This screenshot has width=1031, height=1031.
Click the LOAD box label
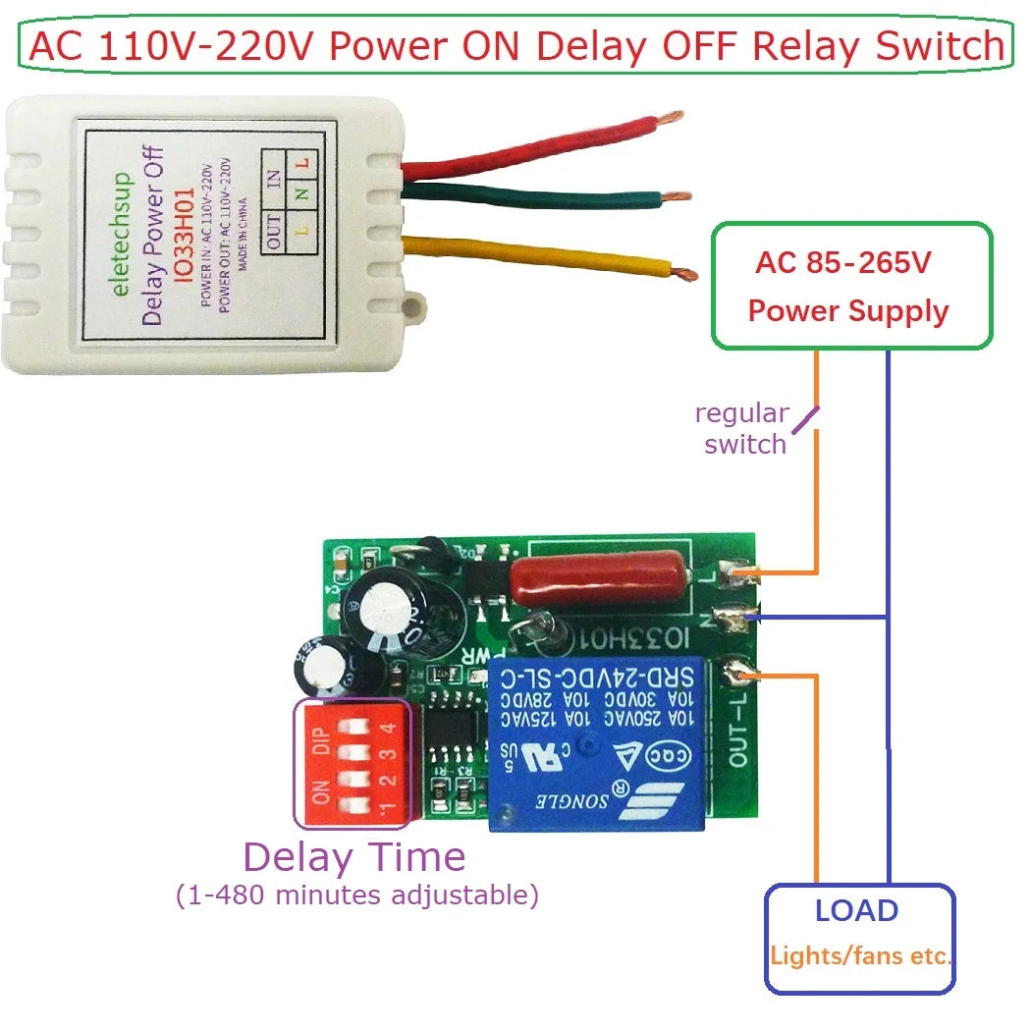click(x=856, y=910)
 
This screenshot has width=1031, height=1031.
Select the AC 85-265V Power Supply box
click(x=850, y=287)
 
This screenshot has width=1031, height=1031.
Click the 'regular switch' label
click(x=744, y=428)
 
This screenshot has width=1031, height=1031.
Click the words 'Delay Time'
click(x=354, y=857)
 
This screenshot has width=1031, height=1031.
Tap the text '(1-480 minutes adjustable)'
click(x=357, y=895)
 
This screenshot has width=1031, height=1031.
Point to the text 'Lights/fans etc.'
click(x=860, y=955)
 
